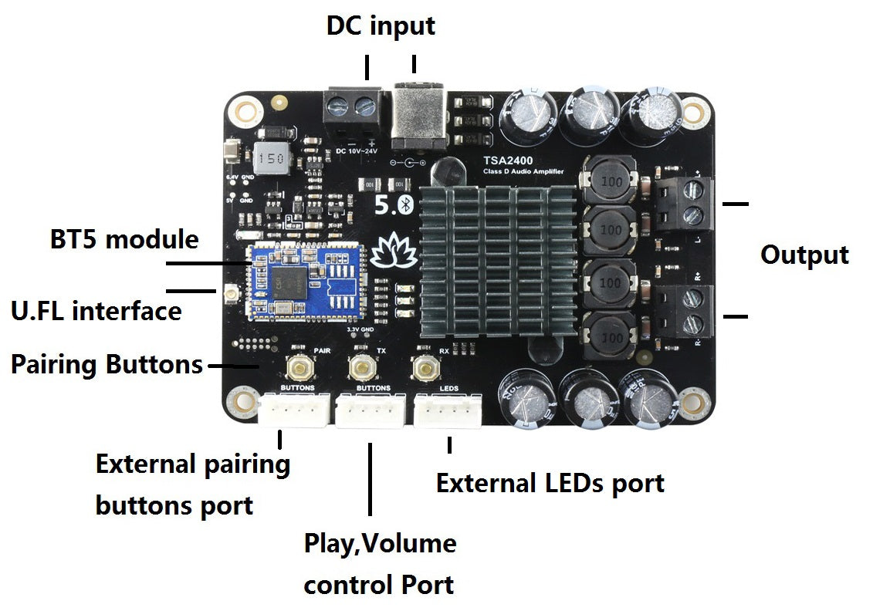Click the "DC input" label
tap(381, 25)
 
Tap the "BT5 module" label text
tap(124, 239)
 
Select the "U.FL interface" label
tap(96, 311)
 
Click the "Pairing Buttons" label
tap(107, 364)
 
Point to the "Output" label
tap(804, 255)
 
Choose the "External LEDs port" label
tap(550, 484)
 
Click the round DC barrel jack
tap(421, 118)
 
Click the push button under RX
tap(423, 368)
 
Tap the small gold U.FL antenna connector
tap(229, 293)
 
